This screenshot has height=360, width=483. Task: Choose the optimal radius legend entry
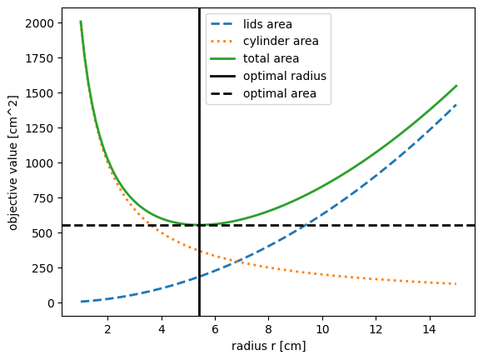[x=284, y=76]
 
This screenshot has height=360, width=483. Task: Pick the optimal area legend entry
[x=280, y=93]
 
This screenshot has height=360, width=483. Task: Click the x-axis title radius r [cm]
[x=268, y=346]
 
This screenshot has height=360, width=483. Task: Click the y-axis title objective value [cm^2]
[x=12, y=162]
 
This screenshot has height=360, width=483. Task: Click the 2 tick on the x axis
[x=107, y=329]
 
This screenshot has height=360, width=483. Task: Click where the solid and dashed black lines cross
[x=199, y=225]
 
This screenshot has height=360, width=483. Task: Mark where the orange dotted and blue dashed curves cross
[x=236, y=262]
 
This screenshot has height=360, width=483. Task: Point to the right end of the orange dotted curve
[x=456, y=284]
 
